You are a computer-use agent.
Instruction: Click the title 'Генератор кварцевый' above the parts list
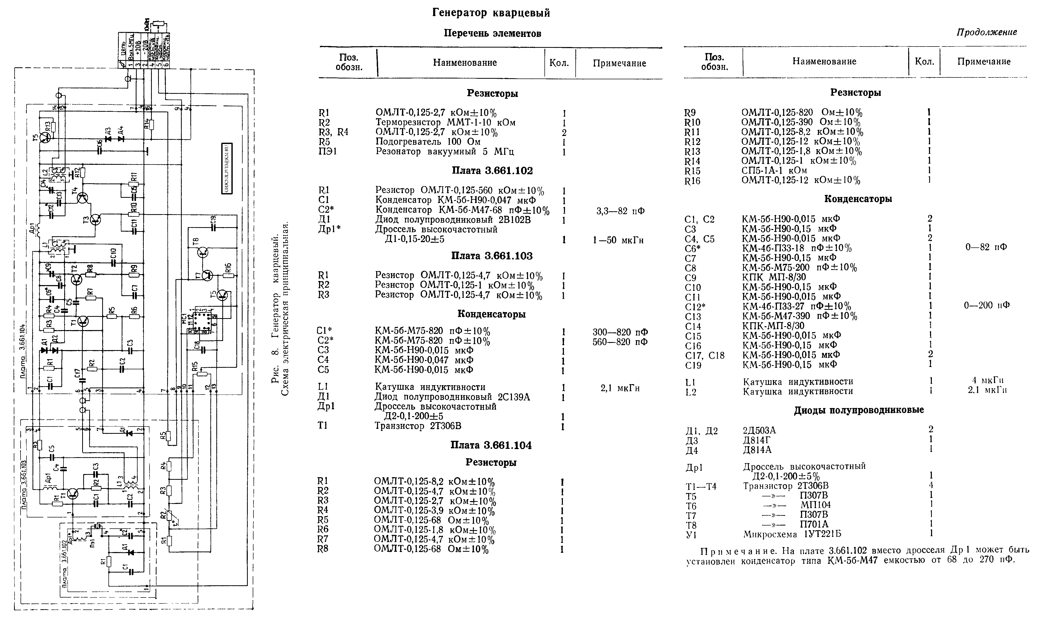491,13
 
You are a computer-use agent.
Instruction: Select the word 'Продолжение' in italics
987,32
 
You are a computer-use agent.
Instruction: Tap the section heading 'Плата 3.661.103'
491,256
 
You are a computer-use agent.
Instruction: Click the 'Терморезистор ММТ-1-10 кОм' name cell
445,123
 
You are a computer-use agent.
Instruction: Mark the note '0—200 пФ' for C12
986,305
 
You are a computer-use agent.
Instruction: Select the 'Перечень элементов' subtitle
492,33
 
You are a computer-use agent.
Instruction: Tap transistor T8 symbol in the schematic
203,252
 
